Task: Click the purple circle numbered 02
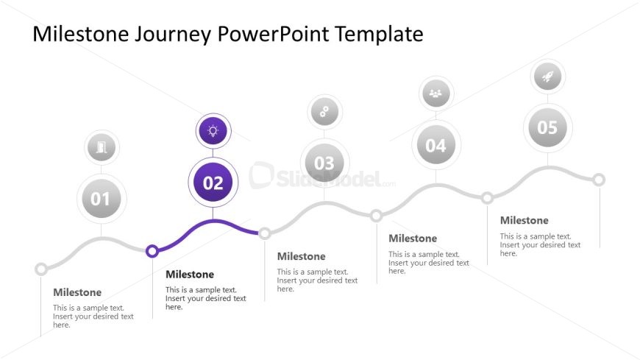[x=213, y=183]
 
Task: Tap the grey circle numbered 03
[x=324, y=163]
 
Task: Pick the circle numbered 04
[x=436, y=144]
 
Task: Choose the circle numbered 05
[x=548, y=127]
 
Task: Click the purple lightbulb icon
[x=213, y=131]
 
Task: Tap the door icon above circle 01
[x=102, y=147]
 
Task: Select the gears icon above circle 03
[x=324, y=112]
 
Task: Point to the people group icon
[x=436, y=93]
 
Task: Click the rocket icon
[x=548, y=76]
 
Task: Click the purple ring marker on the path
[x=152, y=251]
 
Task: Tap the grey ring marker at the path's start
[x=40, y=269]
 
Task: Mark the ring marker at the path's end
[x=599, y=180]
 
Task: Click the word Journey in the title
[x=173, y=35]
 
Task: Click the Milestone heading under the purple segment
[x=190, y=274]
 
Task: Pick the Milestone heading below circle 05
[x=524, y=220]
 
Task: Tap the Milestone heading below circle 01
[x=77, y=292]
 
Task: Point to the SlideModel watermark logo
[x=321, y=177]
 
